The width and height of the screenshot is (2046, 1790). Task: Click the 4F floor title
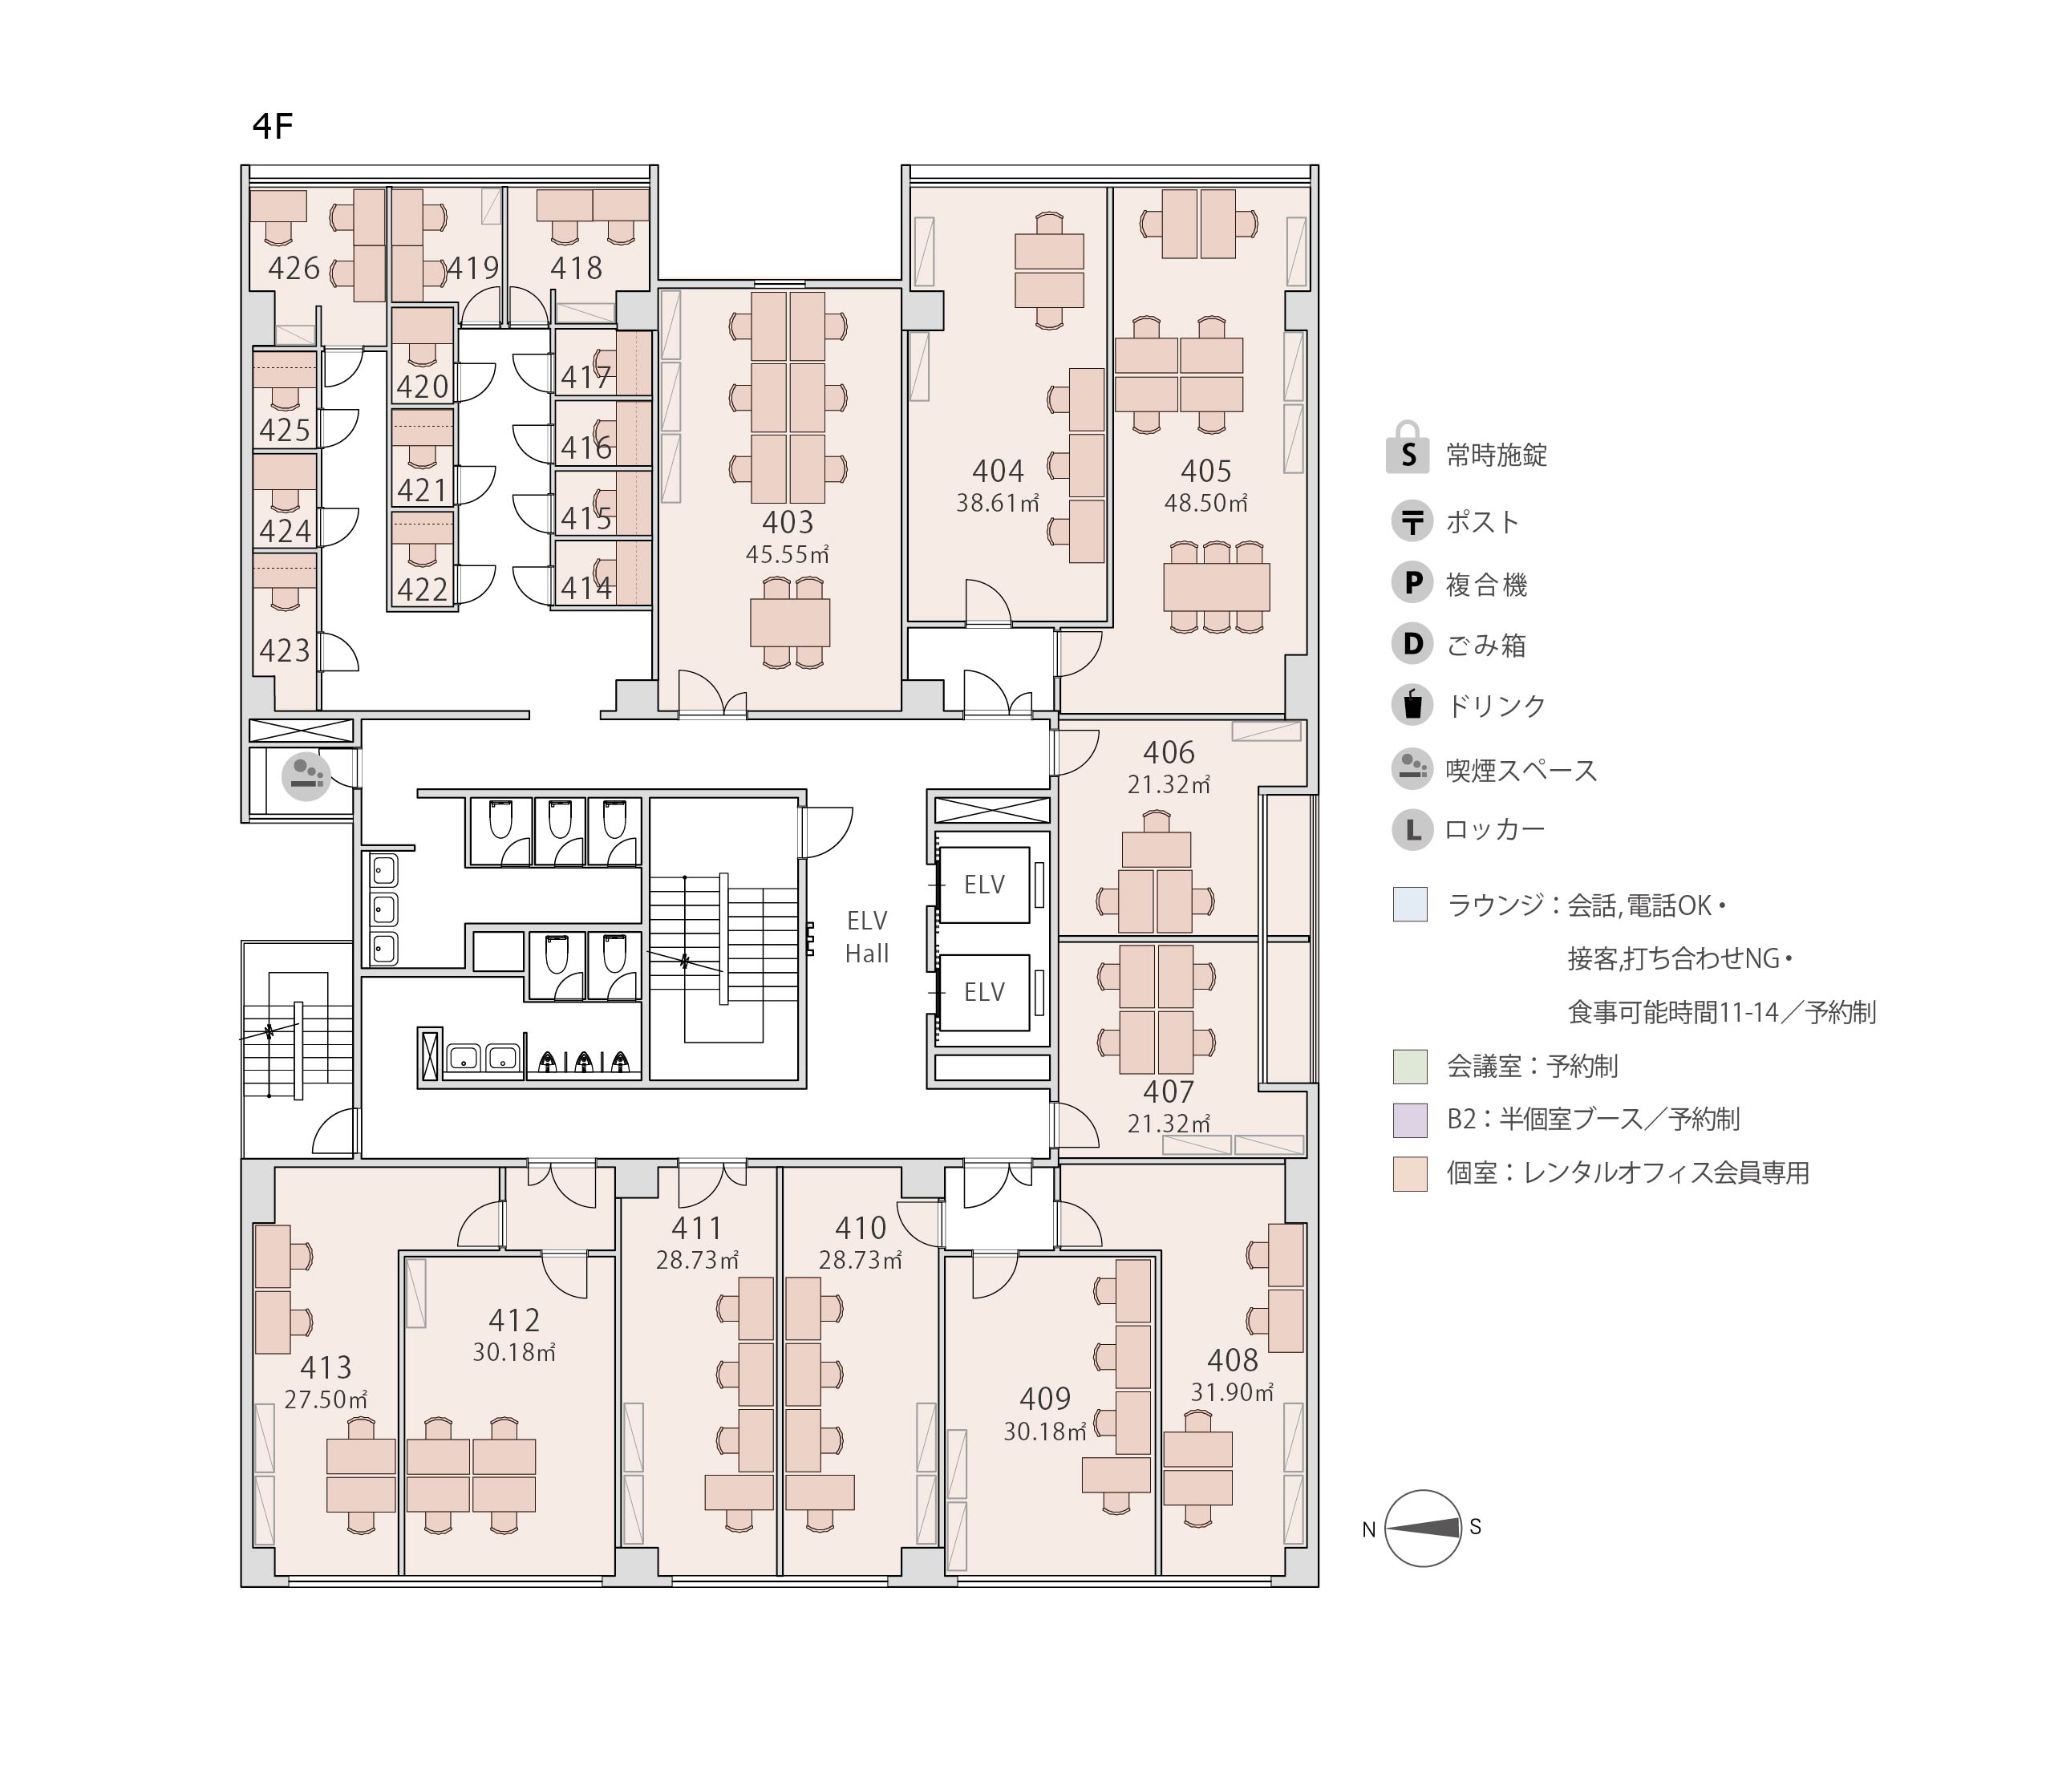272,127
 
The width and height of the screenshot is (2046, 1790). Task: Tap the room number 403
788,521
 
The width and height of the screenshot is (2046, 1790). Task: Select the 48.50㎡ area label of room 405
1205,503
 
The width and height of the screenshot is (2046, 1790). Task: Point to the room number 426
294,268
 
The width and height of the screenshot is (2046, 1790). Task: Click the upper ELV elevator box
984,884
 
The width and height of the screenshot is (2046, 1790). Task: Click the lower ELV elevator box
984,992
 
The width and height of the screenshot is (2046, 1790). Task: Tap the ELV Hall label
867,937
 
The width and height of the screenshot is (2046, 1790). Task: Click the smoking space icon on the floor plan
306,776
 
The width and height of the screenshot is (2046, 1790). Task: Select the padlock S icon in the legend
1408,447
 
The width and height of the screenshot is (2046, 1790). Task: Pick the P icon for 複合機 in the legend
1412,582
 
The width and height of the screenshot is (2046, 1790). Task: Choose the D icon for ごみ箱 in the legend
1412,643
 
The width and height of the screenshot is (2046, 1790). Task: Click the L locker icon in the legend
1412,829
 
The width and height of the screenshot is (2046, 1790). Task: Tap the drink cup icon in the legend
1412,704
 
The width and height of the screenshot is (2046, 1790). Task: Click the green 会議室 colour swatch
1410,1066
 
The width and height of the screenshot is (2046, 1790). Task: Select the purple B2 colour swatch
1410,1120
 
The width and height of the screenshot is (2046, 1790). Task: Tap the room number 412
513,1321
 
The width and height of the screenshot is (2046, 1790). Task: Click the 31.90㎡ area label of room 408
1232,1391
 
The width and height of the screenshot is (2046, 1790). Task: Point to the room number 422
422,589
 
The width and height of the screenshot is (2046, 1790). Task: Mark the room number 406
1169,752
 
